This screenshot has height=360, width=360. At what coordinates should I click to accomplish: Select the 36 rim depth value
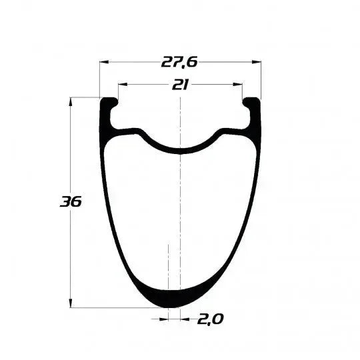(x=70, y=201)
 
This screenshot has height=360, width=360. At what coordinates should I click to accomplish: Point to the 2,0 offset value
(x=210, y=319)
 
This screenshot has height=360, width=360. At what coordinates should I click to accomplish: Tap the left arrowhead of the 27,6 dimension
(x=103, y=63)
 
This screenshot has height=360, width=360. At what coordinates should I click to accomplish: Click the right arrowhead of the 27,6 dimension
(x=258, y=63)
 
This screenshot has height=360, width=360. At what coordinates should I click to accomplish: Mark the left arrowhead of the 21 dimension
(x=121, y=85)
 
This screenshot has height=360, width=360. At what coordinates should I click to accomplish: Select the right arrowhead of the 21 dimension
(x=239, y=85)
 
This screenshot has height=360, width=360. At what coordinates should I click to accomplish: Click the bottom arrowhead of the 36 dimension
(x=71, y=304)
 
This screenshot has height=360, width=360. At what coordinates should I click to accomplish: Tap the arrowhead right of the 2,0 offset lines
(x=185, y=319)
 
